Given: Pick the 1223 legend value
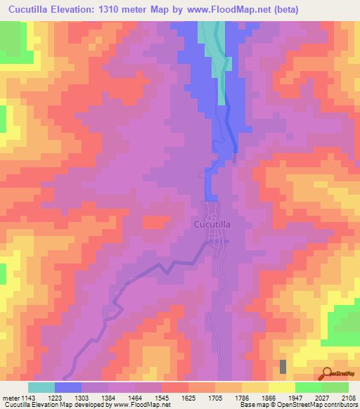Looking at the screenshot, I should click(x=69, y=396).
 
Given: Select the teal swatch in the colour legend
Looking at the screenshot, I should click(x=41, y=387).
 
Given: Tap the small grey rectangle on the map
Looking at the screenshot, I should click(x=283, y=366).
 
